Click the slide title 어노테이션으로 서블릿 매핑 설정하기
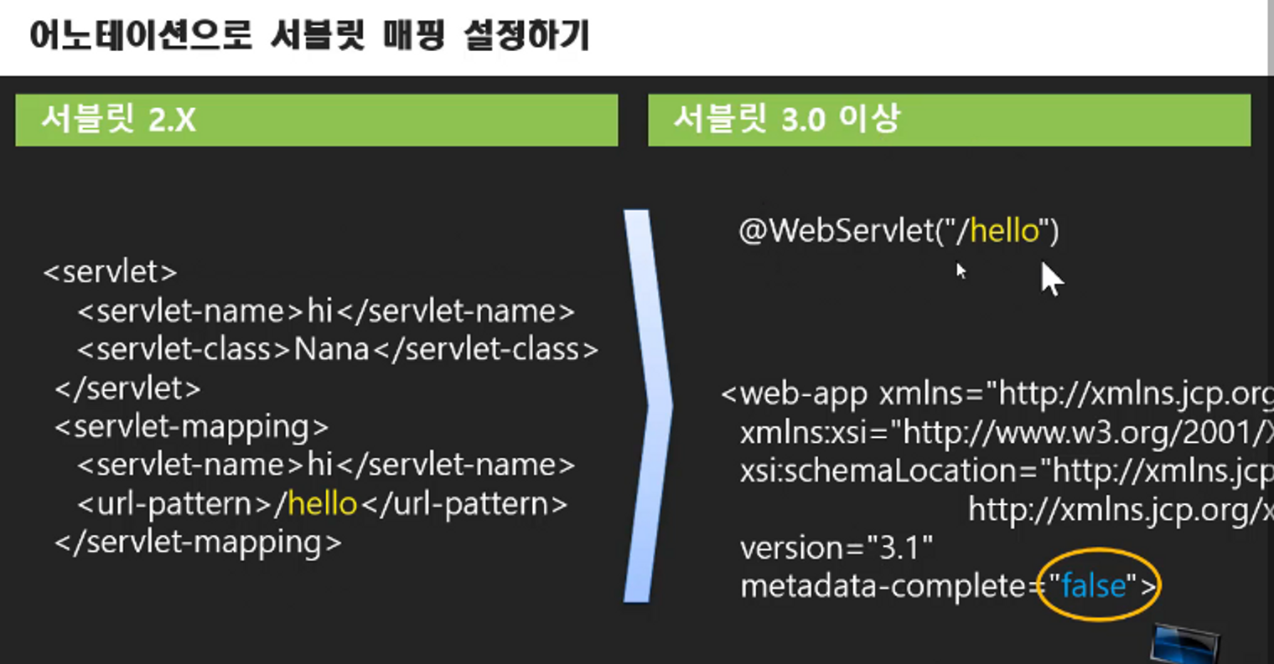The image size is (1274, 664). coord(309,36)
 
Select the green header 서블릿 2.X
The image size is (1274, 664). coord(118,121)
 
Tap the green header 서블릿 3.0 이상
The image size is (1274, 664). coord(785,120)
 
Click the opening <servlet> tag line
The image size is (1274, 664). coord(110,272)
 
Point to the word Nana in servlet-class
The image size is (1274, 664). coord(332,349)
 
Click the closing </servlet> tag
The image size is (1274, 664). coord(127,389)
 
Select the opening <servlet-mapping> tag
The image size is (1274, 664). coord(191,427)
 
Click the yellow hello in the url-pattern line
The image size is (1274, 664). coord(323,504)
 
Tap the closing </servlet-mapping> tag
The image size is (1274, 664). coord(198,543)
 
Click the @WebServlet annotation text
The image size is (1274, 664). coord(847,231)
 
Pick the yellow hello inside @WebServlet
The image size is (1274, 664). coord(1004,231)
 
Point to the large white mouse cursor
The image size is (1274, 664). coord(1050,278)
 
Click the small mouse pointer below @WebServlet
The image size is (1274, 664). coord(961,270)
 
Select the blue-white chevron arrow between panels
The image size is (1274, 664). coord(648,406)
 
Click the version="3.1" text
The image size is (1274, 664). coord(836,548)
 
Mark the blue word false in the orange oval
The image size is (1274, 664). coord(1093,586)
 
